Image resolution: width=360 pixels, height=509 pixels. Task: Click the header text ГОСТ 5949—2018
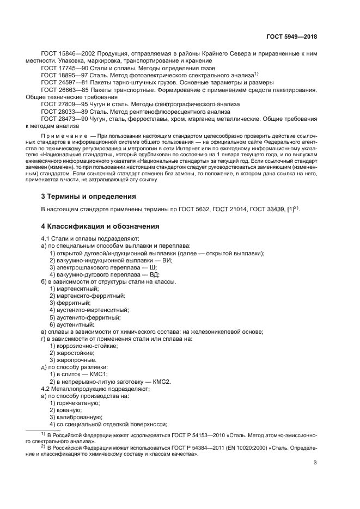click(291, 36)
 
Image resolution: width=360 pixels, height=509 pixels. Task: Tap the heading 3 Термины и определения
click(89, 196)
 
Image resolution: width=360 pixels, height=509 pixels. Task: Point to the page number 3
click(315, 463)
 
